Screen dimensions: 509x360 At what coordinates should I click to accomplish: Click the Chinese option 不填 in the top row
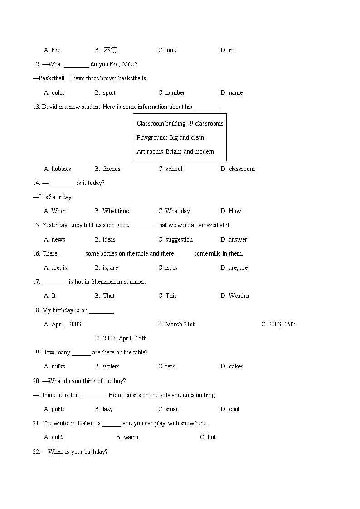point(110,50)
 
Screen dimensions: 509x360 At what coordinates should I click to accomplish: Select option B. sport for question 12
point(105,92)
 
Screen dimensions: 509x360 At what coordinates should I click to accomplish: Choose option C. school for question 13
point(170,169)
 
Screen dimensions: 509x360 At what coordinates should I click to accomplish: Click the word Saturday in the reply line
point(61,197)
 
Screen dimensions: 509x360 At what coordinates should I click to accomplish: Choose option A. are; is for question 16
point(55,267)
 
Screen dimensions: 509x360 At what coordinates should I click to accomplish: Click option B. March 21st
point(176,324)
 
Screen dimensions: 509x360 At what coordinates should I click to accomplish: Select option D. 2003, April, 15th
point(121,338)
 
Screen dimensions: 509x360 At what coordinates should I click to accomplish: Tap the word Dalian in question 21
point(85,423)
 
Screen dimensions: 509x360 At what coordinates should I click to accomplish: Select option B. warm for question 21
point(127,437)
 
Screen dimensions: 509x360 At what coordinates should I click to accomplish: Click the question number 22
point(36,451)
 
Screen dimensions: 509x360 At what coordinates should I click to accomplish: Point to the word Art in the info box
point(141,151)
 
